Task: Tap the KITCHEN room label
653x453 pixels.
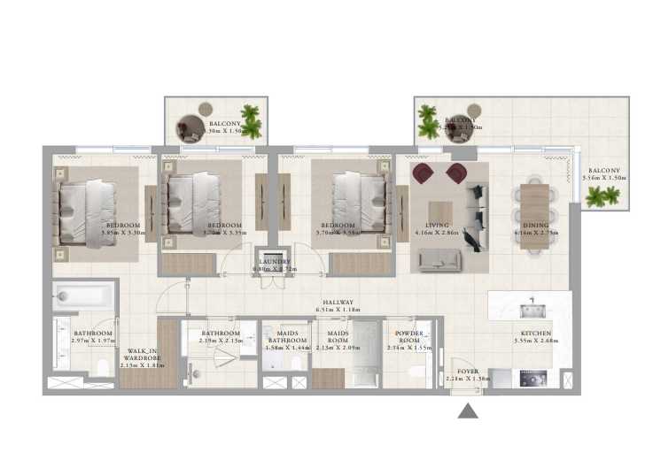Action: click(x=534, y=334)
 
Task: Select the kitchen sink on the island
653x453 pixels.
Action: click(x=532, y=308)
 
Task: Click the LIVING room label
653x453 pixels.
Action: click(x=437, y=226)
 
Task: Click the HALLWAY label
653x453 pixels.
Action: click(x=338, y=303)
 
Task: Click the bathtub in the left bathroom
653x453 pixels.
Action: click(x=83, y=296)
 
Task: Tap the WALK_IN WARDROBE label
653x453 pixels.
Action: click(x=142, y=355)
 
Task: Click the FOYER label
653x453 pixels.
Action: click(x=467, y=372)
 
